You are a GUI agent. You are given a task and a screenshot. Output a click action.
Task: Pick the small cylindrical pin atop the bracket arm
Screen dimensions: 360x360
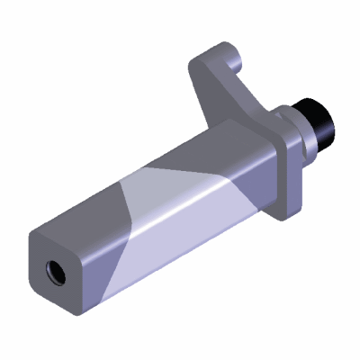point(237,63)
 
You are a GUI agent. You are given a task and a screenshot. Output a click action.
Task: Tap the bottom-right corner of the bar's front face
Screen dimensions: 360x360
point(85,310)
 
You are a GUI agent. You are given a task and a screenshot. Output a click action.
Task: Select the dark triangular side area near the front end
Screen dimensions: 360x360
point(103,270)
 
